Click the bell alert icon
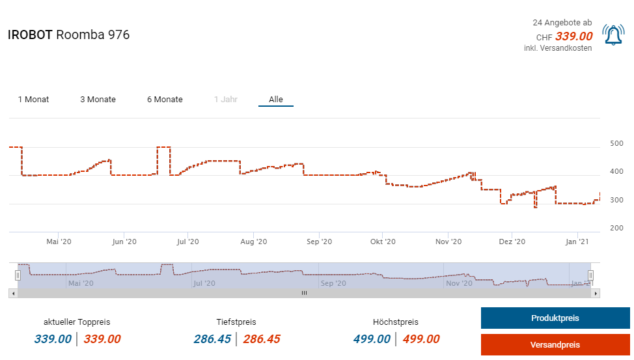point(613,35)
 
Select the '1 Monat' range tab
point(33,100)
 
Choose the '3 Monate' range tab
point(98,100)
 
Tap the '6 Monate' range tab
point(165,100)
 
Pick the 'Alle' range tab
point(276,100)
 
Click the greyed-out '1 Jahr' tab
point(225,100)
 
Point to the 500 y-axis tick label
point(616,143)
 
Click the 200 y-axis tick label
point(616,228)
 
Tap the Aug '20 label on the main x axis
point(253,242)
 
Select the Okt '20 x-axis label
point(383,242)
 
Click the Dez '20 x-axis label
point(512,242)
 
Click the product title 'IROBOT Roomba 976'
point(68,35)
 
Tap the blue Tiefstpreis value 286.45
point(212,339)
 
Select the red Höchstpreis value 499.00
point(421,339)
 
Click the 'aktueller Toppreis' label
point(77,322)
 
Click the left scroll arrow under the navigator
point(13,294)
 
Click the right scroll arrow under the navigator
point(596,294)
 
